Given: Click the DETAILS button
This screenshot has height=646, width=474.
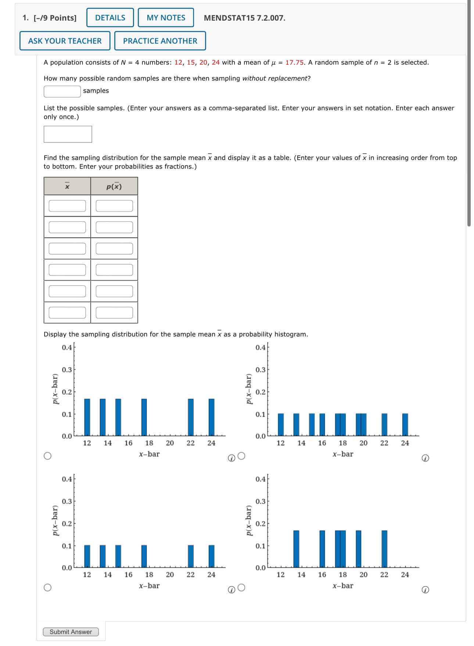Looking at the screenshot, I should pos(110,18).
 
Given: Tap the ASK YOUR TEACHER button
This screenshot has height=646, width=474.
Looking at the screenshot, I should pos(65,41).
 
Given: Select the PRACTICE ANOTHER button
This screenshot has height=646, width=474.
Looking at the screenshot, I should pos(160,41).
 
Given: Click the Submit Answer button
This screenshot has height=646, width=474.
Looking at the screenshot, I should pos(71,632).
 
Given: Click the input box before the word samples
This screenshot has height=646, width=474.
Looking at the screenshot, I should pos(62,91).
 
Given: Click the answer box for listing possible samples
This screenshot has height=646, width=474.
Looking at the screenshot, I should pos(68,134).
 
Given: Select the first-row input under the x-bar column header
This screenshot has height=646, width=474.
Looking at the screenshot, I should pos(67,206).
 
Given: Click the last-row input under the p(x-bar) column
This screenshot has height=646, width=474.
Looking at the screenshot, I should pos(114,313).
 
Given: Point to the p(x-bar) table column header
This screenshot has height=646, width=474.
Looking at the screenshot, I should pos(114,186).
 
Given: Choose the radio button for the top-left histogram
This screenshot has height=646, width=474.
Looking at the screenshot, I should pos(47,456).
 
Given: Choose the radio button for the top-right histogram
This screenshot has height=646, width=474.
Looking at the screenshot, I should pos(241,456).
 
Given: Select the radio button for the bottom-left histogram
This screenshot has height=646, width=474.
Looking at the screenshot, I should pos(47,588).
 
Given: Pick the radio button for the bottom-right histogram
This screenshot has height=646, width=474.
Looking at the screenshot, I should pos(241,588).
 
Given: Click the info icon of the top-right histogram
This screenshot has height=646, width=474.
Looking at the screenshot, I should pos(425,458).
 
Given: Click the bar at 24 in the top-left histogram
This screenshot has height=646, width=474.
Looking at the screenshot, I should pos(211,417).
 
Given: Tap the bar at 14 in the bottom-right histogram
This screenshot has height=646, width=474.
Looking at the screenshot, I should pos(296,549).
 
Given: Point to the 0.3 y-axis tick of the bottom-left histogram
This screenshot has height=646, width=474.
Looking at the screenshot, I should pos(67,502).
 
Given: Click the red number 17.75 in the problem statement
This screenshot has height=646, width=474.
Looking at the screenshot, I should pos(294,63).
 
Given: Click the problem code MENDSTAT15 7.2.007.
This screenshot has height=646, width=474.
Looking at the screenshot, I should pos(244,18).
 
